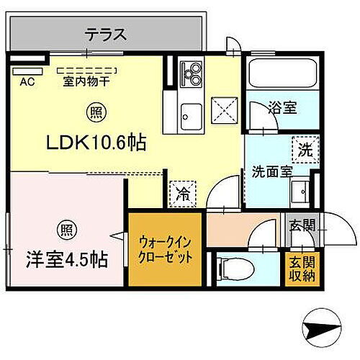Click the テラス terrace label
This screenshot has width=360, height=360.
coord(107,34)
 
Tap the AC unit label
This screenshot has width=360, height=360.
coord(27,81)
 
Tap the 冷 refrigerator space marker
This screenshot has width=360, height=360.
coord(182,192)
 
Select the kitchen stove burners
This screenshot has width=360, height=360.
coord(192,73)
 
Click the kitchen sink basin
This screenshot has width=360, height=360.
coord(192,114)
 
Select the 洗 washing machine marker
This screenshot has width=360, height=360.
coord(305,151)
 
